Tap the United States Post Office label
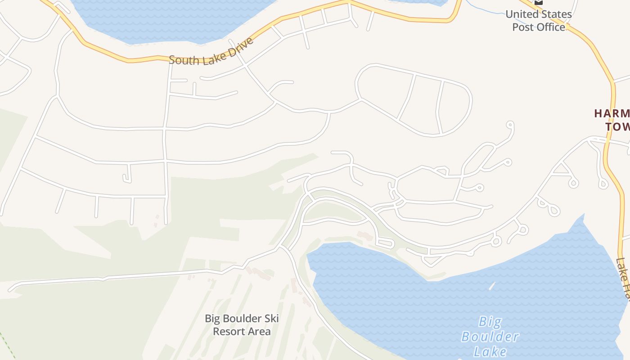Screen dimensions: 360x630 (539, 21)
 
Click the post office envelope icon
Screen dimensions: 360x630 (539, 2)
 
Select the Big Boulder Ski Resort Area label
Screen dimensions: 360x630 (242, 325)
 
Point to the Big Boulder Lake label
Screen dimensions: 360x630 (490, 337)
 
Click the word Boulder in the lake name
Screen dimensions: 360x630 (490, 337)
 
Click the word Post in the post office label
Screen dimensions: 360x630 (523, 27)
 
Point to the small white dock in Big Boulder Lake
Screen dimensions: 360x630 (492, 286)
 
